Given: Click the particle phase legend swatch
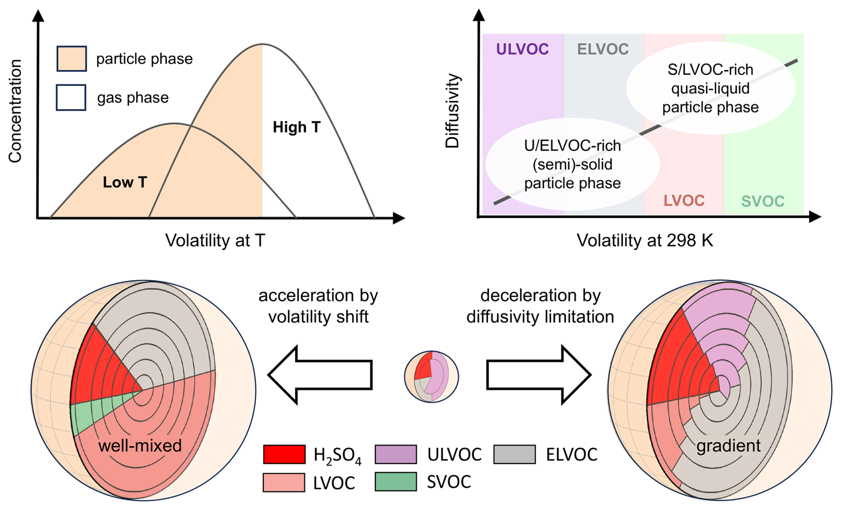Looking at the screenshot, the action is point(72,59).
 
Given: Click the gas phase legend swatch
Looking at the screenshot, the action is point(71,97).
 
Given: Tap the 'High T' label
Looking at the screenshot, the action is point(296,127).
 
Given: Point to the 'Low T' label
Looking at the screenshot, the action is point(125,182).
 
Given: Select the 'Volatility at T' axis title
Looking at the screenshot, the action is point(215,241).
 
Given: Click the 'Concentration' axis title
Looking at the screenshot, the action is point(15,111).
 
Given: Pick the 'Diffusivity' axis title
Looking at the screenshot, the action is point(453,111).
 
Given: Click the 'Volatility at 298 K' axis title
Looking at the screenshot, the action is point(645,241).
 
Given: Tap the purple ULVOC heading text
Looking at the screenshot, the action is point(522,49).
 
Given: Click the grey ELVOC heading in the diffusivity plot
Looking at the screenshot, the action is point(603,49).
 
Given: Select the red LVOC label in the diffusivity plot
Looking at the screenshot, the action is point(684,201).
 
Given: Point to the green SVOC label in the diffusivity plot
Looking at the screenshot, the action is point(763,201).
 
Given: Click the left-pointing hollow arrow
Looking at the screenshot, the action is point(320,375).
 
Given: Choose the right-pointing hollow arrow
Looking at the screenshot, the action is point(539,375).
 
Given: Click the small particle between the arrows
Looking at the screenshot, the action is point(431,377).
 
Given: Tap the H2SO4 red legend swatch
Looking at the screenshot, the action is point(284,454).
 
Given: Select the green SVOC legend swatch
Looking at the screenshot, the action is point(396,482).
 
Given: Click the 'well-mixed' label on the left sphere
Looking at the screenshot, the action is point(140,446).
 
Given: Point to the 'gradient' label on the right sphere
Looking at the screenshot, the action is point(729,446).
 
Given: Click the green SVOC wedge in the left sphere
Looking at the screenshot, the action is point(91,411).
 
